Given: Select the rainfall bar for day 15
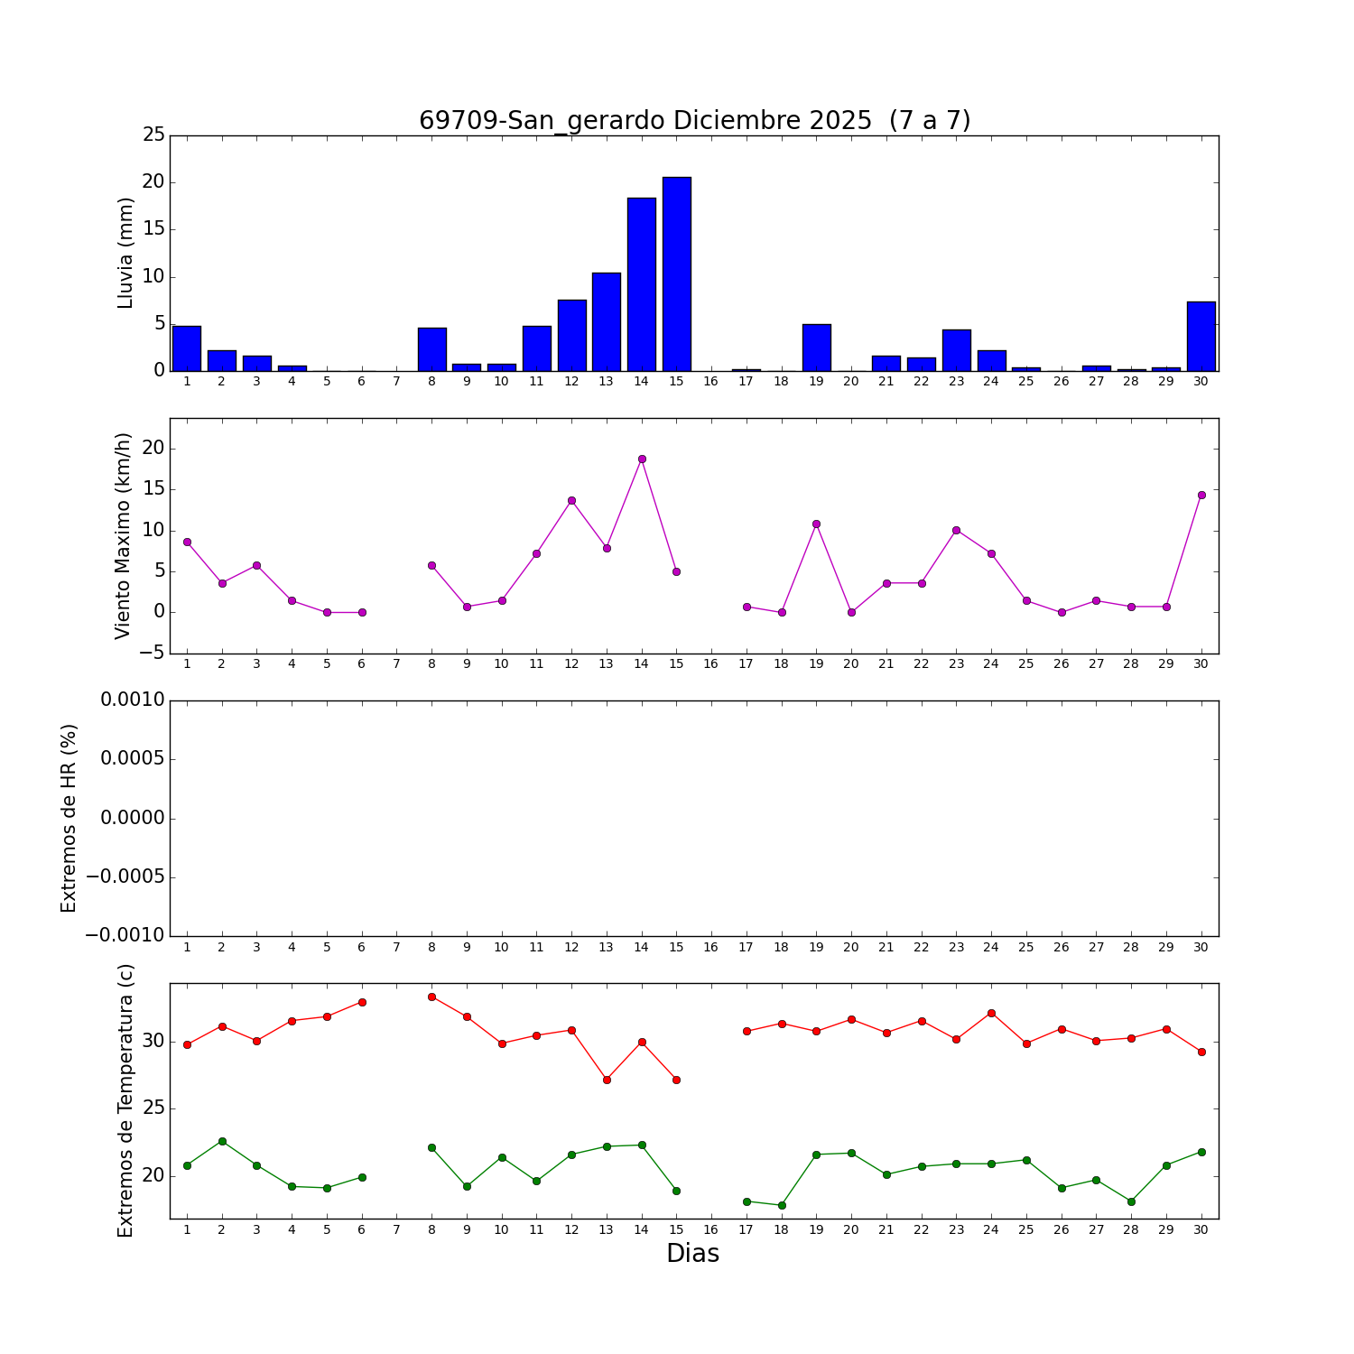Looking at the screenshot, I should point(677,274).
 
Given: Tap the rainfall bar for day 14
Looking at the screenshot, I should point(642,284).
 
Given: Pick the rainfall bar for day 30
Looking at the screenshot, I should point(1201,336).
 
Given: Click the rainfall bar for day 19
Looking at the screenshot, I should point(817,348).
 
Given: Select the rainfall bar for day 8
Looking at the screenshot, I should point(431,349).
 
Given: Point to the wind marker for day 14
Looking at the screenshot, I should point(642,459).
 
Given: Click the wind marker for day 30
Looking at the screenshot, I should point(1201,495).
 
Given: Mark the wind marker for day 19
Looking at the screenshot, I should point(816,524).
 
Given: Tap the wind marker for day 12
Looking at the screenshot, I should point(571,500).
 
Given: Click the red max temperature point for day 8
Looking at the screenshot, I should point(431,997).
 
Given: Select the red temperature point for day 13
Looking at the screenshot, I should point(607,1080).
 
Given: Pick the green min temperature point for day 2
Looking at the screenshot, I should point(222,1141).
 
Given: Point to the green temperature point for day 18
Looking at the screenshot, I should point(782,1205).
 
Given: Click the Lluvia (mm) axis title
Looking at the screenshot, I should point(125,253).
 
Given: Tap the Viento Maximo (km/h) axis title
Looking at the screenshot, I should point(123,535).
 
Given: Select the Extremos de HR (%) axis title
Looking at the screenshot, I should point(69,818).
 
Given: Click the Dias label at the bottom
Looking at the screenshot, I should point(692,1254).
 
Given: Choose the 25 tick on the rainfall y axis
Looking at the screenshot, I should point(153,135).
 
